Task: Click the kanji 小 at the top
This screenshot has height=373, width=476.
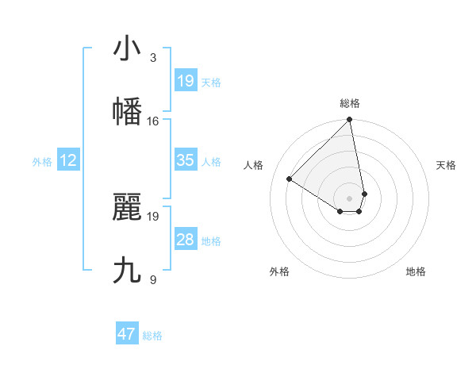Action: [x=127, y=48]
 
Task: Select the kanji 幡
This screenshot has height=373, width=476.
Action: [x=127, y=112]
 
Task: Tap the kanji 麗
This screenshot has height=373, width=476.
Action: [x=127, y=207]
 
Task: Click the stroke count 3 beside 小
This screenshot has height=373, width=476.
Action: [x=153, y=58]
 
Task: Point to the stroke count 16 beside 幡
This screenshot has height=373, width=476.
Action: [x=153, y=121]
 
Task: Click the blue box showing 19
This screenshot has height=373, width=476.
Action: [x=185, y=81]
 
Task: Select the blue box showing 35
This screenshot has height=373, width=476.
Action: [x=185, y=160]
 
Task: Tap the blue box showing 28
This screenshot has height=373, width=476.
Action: [x=185, y=240]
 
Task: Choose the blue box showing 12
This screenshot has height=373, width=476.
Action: [x=68, y=160]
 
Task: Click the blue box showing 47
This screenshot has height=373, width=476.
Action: [x=127, y=334]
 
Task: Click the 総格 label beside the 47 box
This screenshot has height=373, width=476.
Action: [x=152, y=336]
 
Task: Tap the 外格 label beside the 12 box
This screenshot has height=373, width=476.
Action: [x=42, y=162]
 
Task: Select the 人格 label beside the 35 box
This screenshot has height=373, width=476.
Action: [x=211, y=162]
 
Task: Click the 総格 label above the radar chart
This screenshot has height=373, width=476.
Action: [x=350, y=103]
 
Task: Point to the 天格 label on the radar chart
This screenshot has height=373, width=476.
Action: [x=447, y=165]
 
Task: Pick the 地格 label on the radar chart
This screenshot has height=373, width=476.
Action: [x=416, y=271]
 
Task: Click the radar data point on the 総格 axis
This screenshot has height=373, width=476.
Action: [x=350, y=120]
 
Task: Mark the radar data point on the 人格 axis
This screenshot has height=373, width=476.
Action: [x=290, y=179]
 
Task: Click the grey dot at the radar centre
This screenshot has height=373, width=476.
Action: [x=350, y=198]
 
